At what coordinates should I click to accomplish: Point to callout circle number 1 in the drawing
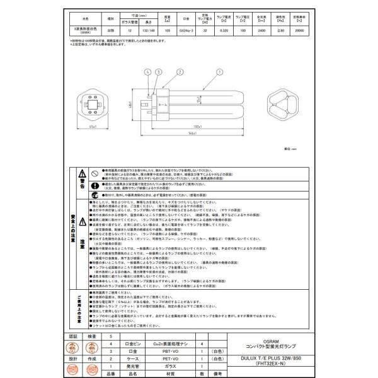pos(219,72)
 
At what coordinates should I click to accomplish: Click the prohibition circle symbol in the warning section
pos(93,171)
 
